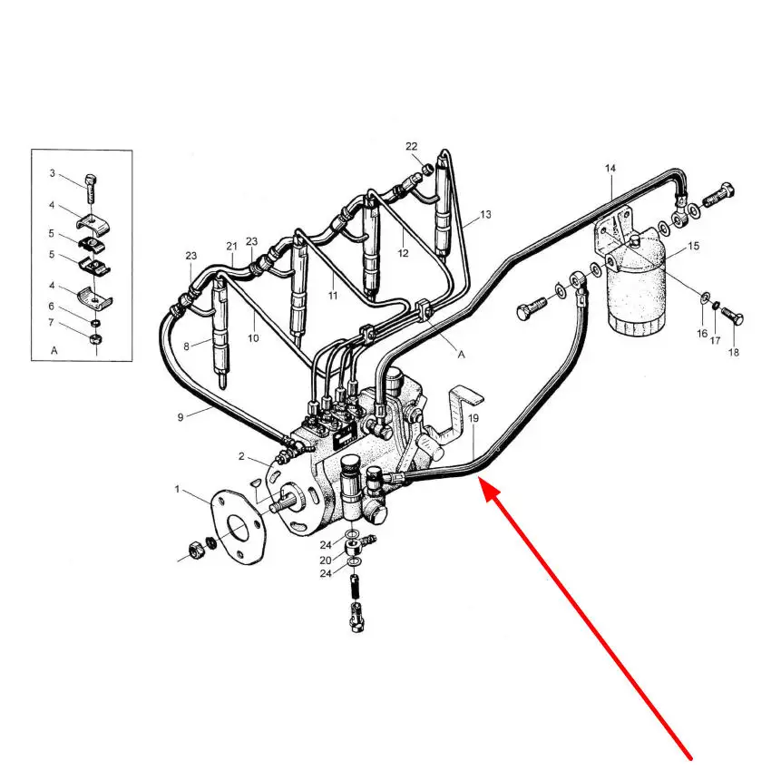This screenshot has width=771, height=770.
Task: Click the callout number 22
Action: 412,147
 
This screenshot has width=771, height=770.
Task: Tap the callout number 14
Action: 610,169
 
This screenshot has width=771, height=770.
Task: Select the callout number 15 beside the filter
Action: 693,246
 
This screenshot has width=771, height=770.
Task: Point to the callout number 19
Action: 473,418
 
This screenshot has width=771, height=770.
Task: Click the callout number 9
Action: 181,417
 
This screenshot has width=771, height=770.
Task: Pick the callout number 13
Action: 485,214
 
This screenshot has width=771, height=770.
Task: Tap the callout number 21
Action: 231,247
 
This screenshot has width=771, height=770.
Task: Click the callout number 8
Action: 186,346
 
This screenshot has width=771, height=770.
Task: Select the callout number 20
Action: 326,560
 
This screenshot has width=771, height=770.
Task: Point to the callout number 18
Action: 733,352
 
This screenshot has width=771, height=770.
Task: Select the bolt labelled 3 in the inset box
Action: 91,189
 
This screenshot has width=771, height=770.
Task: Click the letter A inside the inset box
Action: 54,351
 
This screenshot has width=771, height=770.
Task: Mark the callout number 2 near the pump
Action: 241,456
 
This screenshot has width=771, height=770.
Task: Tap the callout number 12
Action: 404,253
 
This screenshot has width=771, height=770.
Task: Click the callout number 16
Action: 702,334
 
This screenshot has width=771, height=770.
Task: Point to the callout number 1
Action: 177,490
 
